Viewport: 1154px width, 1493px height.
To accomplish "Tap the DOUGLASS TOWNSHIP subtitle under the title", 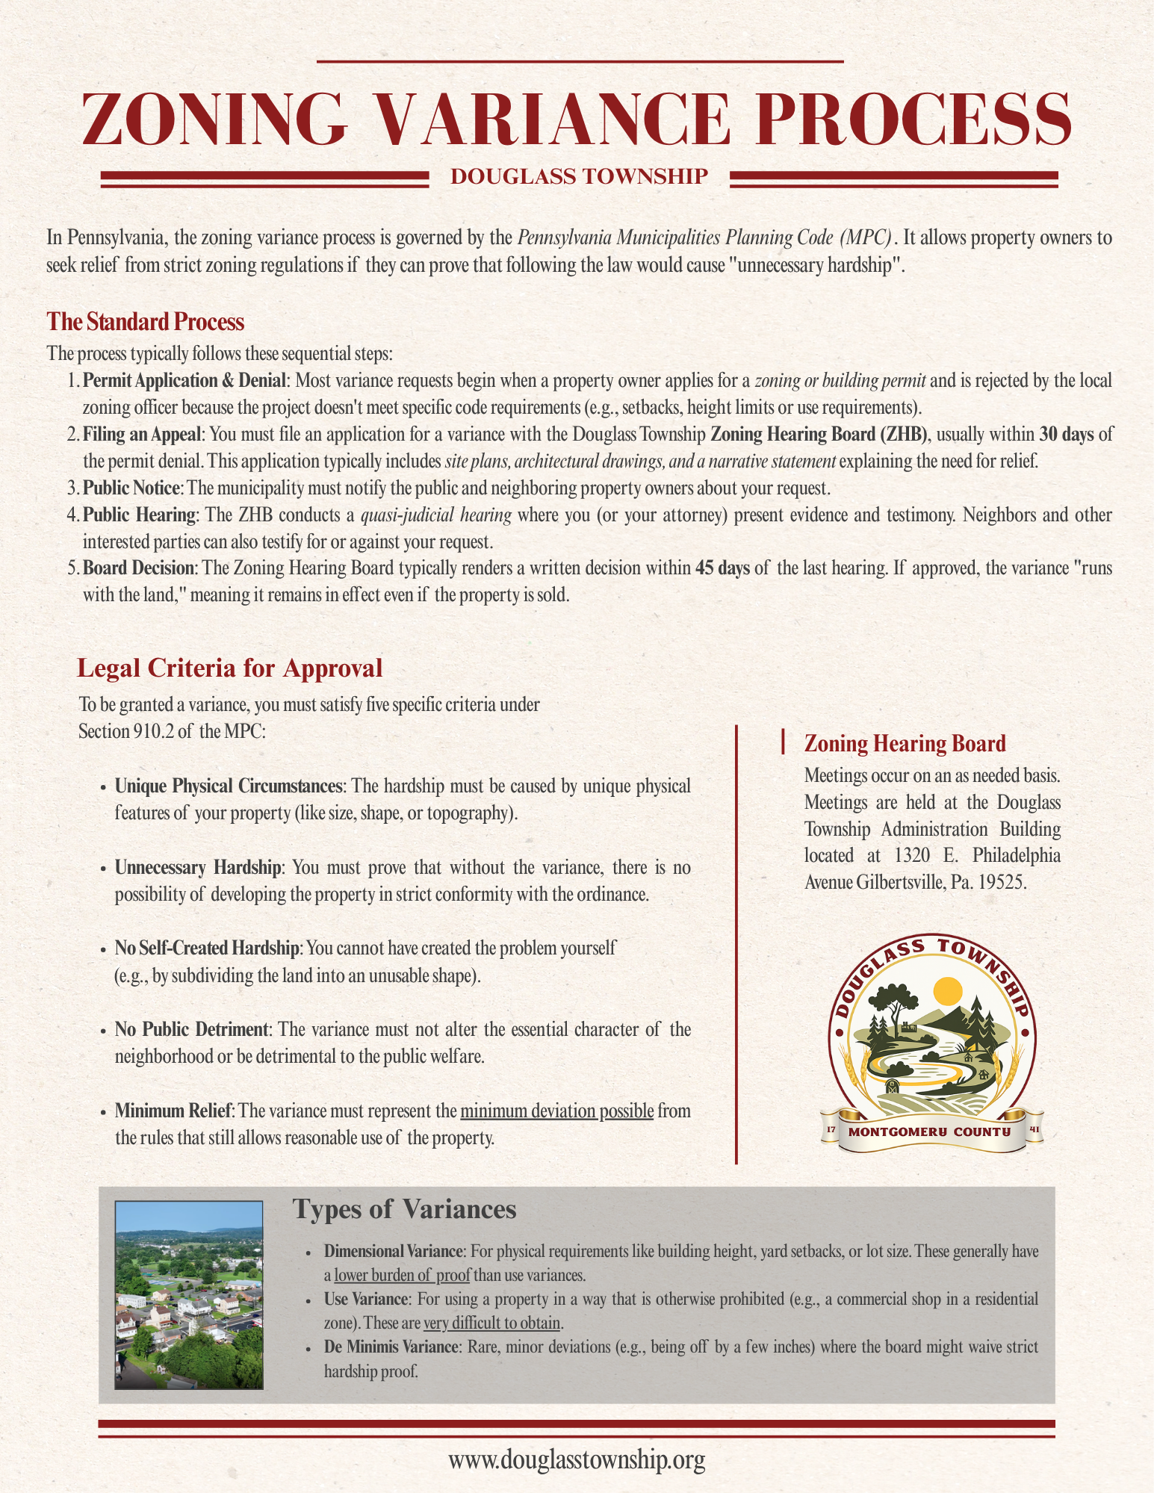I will click(579, 176).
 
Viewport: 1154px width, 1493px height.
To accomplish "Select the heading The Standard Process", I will click(146, 322).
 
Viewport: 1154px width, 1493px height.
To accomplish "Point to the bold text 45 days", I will click(722, 568).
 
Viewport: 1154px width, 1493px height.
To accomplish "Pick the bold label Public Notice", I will click(131, 488).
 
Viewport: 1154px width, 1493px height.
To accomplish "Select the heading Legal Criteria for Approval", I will click(229, 668).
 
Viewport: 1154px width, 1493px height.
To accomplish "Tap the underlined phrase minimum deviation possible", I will click(557, 1111).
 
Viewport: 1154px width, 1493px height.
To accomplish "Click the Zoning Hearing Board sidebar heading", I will click(905, 744).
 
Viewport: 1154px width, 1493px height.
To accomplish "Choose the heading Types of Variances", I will click(404, 1209).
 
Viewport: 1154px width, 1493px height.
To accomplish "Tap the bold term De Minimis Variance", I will click(391, 1347).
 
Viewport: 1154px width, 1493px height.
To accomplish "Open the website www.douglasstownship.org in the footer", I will click(577, 1459).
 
